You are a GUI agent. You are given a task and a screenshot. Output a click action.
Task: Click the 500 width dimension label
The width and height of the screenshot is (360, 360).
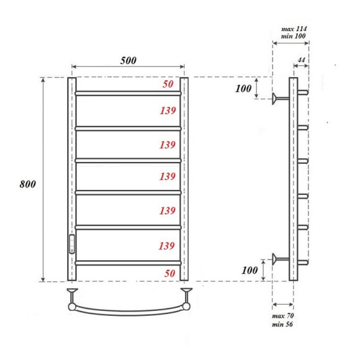pos(128,60)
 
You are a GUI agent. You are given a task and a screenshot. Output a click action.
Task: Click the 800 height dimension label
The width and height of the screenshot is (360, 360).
pos(28,184)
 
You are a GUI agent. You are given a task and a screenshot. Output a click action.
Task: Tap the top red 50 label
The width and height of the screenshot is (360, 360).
pos(168,85)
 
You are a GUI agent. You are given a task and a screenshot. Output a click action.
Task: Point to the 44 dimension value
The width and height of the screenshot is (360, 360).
pos(301,60)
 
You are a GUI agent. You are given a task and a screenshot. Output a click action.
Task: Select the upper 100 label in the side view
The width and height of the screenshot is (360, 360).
pos(244,89)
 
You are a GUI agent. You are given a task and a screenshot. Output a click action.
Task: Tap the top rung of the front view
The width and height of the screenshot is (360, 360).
pos(128,93)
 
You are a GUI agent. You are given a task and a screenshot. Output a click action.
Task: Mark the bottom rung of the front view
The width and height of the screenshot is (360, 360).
pos(128,263)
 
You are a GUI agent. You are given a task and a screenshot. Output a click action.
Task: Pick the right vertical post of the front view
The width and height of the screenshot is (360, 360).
pos(184,180)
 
